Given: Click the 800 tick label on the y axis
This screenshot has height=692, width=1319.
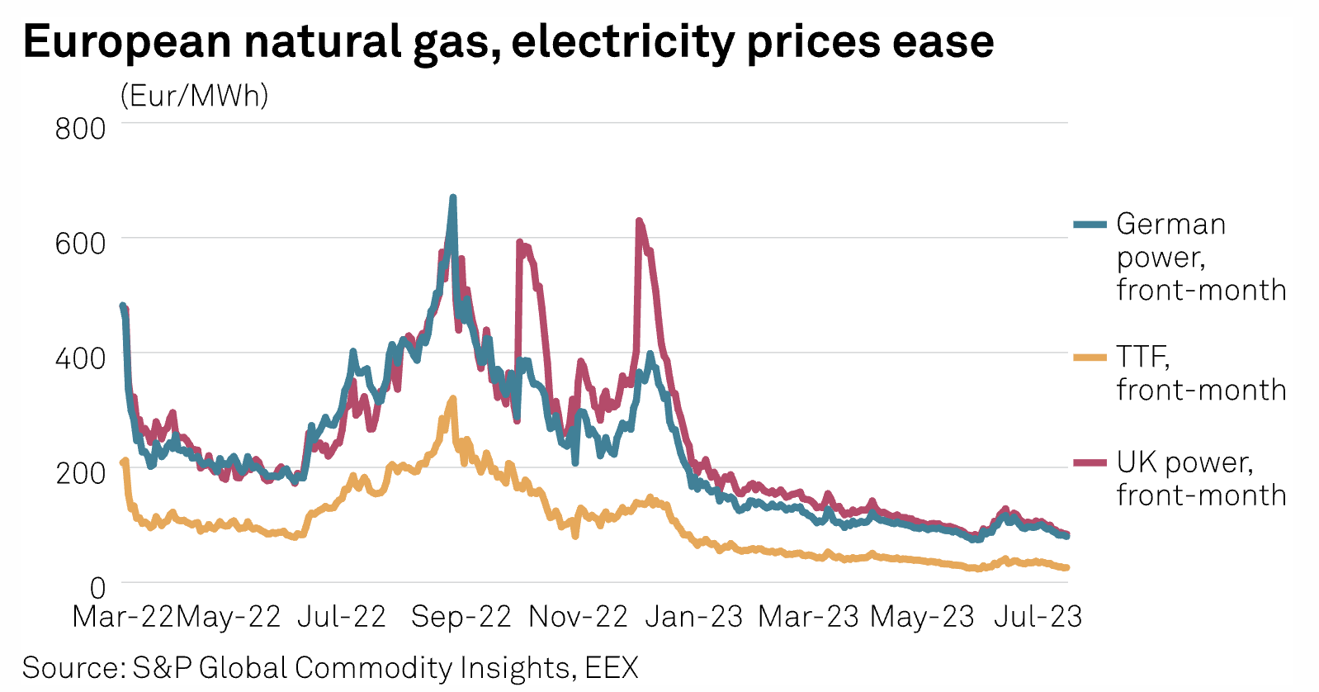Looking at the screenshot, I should pyautogui.click(x=80, y=129).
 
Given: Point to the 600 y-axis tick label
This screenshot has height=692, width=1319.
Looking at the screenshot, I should pyautogui.click(x=80, y=244).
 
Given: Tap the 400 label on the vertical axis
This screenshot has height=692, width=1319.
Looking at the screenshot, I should pyautogui.click(x=80, y=358).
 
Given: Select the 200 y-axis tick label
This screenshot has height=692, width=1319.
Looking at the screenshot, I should pyautogui.click(x=80, y=473).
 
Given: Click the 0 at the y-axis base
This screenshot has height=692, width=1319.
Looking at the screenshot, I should pyautogui.click(x=97, y=588).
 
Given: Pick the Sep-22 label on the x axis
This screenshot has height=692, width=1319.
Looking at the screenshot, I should pyautogui.click(x=461, y=617).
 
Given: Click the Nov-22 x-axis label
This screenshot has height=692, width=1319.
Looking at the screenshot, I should pyautogui.click(x=578, y=617).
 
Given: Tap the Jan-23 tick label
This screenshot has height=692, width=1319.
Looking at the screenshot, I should pyautogui.click(x=693, y=617).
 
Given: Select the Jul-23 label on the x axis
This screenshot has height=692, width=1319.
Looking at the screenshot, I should pyautogui.click(x=1038, y=617).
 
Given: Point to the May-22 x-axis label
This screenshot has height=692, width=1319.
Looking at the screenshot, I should pyautogui.click(x=229, y=617).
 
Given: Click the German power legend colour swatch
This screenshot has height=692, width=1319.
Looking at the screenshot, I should pyautogui.click(x=1090, y=225).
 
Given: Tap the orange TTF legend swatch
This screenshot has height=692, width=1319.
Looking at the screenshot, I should pyautogui.click(x=1090, y=358).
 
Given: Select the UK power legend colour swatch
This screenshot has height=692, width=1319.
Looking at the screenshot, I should pyautogui.click(x=1090, y=462).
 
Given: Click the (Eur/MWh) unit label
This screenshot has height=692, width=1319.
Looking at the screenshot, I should pyautogui.click(x=195, y=96).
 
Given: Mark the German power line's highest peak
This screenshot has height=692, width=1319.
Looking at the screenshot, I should pyautogui.click(x=452, y=198).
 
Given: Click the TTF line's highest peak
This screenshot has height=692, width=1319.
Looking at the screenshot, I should pyautogui.click(x=453, y=399).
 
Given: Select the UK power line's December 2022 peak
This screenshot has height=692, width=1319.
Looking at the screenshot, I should pyautogui.click(x=639, y=221).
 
